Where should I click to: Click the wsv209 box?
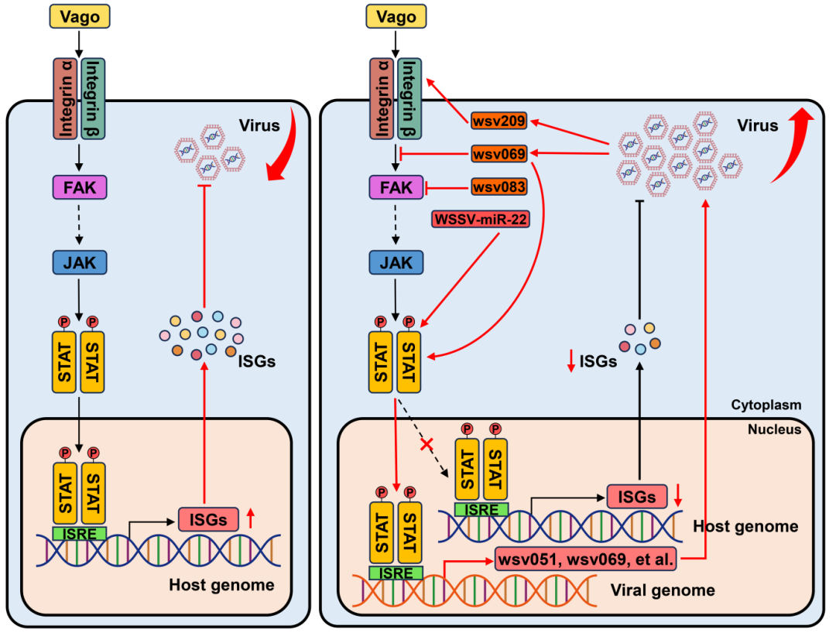[x=499, y=121]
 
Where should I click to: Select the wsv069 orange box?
[x=499, y=155]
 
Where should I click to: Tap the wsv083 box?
[x=499, y=187]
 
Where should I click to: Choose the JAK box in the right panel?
[x=396, y=263]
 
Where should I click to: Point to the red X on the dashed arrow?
[x=424, y=445]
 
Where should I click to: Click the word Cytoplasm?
[x=766, y=405]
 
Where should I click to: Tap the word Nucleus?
[x=775, y=429]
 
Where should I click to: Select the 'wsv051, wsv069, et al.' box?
[x=588, y=559]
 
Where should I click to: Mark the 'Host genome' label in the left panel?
[x=221, y=585]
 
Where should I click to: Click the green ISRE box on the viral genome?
[x=396, y=573]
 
